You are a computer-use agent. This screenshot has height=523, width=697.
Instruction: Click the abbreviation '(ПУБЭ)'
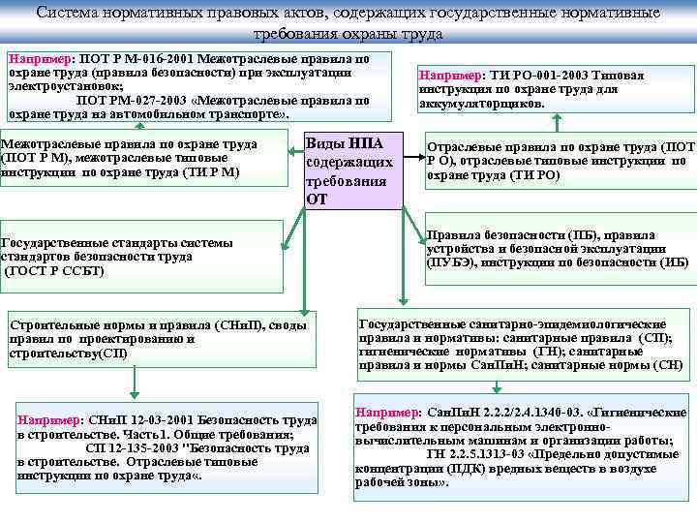click(450, 262)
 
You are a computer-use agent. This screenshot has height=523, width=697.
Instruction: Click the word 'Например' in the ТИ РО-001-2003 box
click(447, 76)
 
